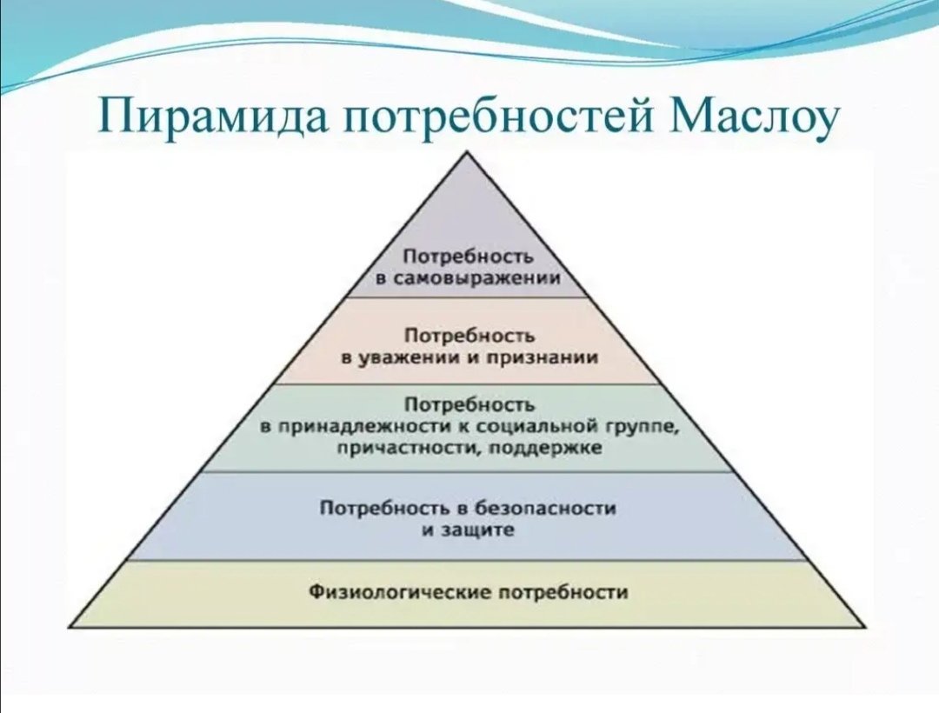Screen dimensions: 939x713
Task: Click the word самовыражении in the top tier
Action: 478,278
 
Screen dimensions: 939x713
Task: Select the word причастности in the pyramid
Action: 407,449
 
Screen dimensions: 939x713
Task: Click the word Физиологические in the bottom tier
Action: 401,593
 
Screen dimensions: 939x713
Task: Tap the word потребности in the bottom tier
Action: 563,593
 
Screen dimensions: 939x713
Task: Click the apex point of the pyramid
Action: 467,152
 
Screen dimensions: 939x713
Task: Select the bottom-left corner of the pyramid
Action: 69,627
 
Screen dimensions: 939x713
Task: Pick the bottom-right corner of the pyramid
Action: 866,627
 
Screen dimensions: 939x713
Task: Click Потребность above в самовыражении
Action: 468,257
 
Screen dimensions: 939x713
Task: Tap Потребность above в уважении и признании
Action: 469,336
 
